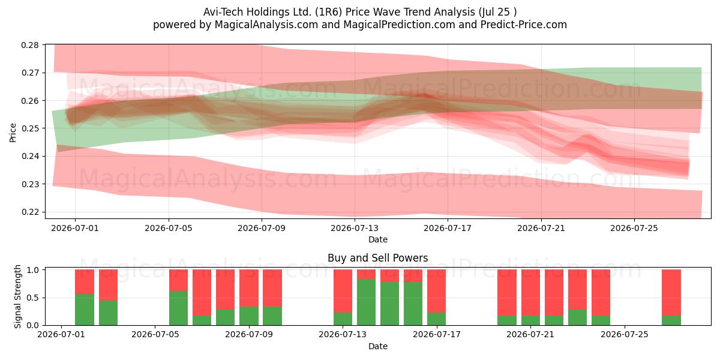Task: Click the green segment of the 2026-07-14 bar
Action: coord(366,302)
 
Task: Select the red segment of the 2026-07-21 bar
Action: coord(530,293)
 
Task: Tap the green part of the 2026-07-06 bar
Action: coord(178,308)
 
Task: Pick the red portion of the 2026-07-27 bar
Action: coord(671,293)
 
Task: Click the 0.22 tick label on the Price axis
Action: coord(30,212)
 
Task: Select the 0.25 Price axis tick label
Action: coord(30,128)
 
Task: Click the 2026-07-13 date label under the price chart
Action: coord(355,228)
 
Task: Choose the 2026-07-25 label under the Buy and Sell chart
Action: coord(624,334)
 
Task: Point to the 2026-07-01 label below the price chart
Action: coord(75,228)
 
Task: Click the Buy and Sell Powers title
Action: coord(377,258)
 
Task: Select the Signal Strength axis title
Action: coord(17,296)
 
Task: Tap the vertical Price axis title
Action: coord(13,133)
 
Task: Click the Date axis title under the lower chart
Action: coord(377,346)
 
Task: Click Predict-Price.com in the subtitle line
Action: coord(524,25)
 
